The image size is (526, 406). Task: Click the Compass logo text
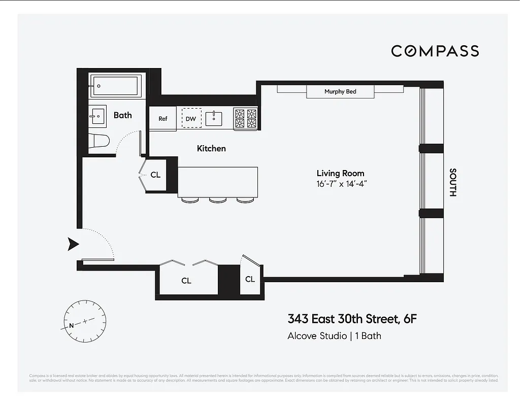pos(435,51)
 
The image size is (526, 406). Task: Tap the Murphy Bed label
pos(340,92)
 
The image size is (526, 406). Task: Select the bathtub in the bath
pos(116,86)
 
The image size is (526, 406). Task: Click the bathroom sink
pos(97,116)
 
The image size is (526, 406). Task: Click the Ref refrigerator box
pos(162,119)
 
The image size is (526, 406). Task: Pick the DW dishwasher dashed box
pos(191,118)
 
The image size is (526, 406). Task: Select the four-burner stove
pos(245,118)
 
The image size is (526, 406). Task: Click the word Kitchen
pos(211,149)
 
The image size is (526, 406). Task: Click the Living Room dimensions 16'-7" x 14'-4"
pos(341,184)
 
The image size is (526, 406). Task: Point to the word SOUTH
pos(453,182)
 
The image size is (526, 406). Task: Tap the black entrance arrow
pos(74,244)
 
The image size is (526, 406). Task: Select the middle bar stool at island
pos(217,199)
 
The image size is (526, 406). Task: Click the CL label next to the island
pos(155,175)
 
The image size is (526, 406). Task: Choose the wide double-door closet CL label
pos(186,281)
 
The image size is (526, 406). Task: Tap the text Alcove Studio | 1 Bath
pos(334,336)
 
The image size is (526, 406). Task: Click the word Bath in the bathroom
pos(122,115)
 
